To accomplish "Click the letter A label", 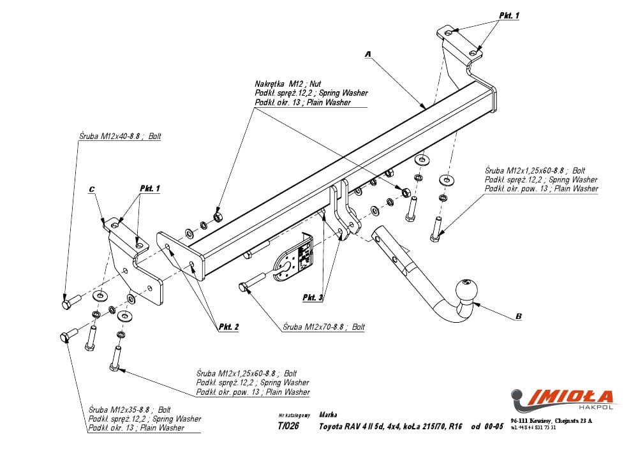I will pyautogui.click(x=368, y=55).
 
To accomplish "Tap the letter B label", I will pyautogui.click(x=519, y=315).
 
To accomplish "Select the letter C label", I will pyautogui.click(x=92, y=189).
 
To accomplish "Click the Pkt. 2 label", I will pyautogui.click(x=229, y=327).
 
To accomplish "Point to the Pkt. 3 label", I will pyautogui.click(x=313, y=297).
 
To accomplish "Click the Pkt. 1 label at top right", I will pyautogui.click(x=509, y=15).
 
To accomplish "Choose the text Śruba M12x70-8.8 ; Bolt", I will pyautogui.click(x=324, y=327).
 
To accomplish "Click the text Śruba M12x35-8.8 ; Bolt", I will pyautogui.click(x=130, y=410).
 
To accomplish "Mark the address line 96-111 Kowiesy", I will pyautogui.click(x=551, y=420).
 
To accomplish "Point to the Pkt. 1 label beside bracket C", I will pyautogui.click(x=150, y=188).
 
